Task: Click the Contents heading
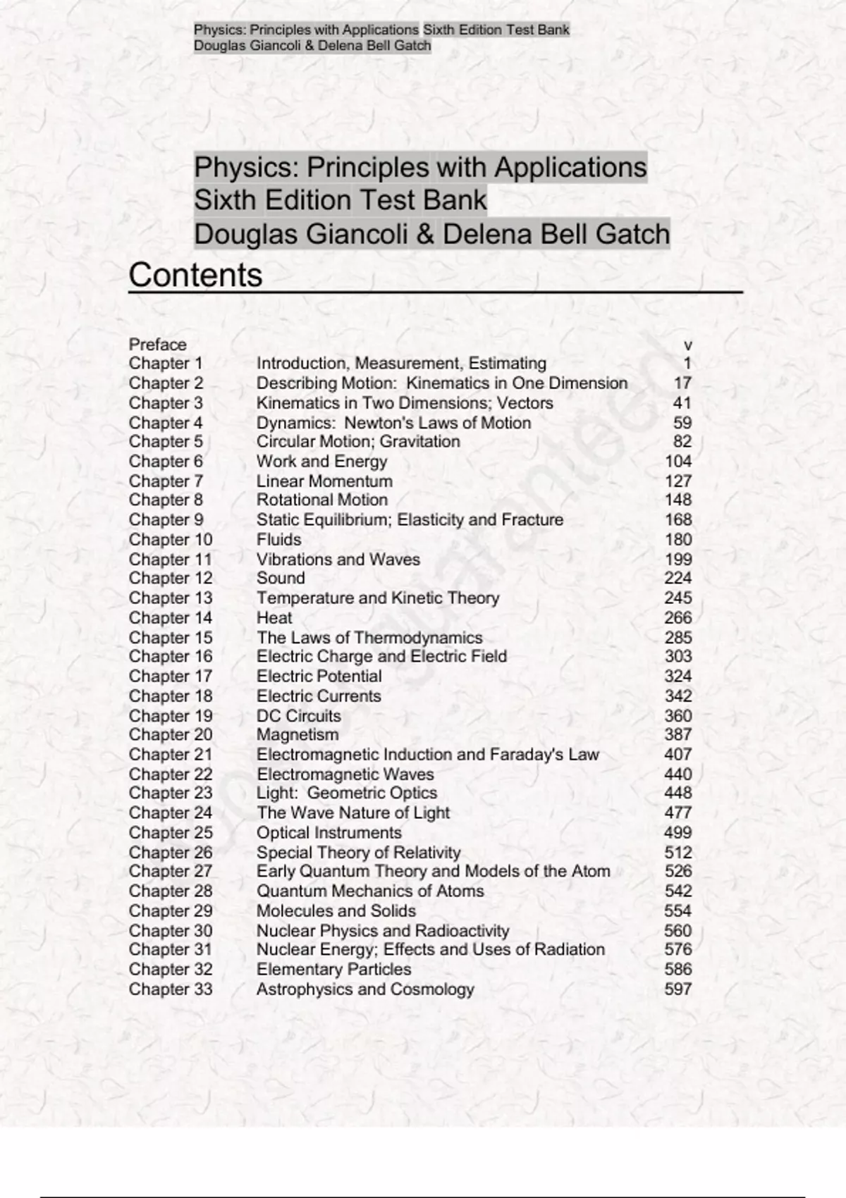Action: click(x=195, y=275)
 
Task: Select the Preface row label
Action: click(x=157, y=345)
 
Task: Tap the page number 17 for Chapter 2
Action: click(x=682, y=383)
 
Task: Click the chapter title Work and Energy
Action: click(x=321, y=462)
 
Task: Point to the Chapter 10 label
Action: click(x=170, y=540)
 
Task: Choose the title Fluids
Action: click(x=278, y=540)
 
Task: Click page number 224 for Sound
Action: click(x=678, y=579)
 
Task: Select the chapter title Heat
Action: click(x=274, y=618)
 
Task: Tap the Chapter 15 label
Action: click(x=170, y=638)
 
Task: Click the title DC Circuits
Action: click(x=298, y=716)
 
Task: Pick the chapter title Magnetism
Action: click(x=297, y=735)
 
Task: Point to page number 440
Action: click(x=678, y=774)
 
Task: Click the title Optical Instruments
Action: click(x=329, y=833)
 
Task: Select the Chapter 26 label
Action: click(x=170, y=853)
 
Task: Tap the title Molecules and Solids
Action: click(x=336, y=911)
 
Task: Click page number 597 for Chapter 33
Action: click(x=678, y=989)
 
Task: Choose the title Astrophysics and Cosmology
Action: click(x=364, y=989)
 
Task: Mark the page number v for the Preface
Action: click(x=688, y=345)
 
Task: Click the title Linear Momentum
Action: click(x=324, y=481)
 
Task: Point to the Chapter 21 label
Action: click(x=170, y=755)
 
